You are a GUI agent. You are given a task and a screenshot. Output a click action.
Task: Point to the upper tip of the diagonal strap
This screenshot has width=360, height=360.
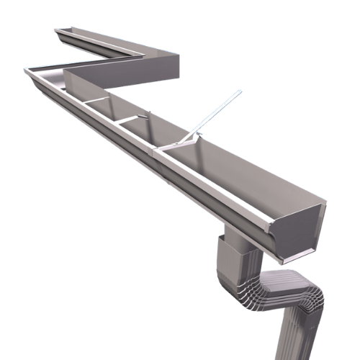(239, 91)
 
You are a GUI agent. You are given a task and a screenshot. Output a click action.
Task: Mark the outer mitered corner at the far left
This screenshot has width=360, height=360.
(27, 69)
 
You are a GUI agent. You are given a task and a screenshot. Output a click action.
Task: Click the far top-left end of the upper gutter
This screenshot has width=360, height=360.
(55, 30)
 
